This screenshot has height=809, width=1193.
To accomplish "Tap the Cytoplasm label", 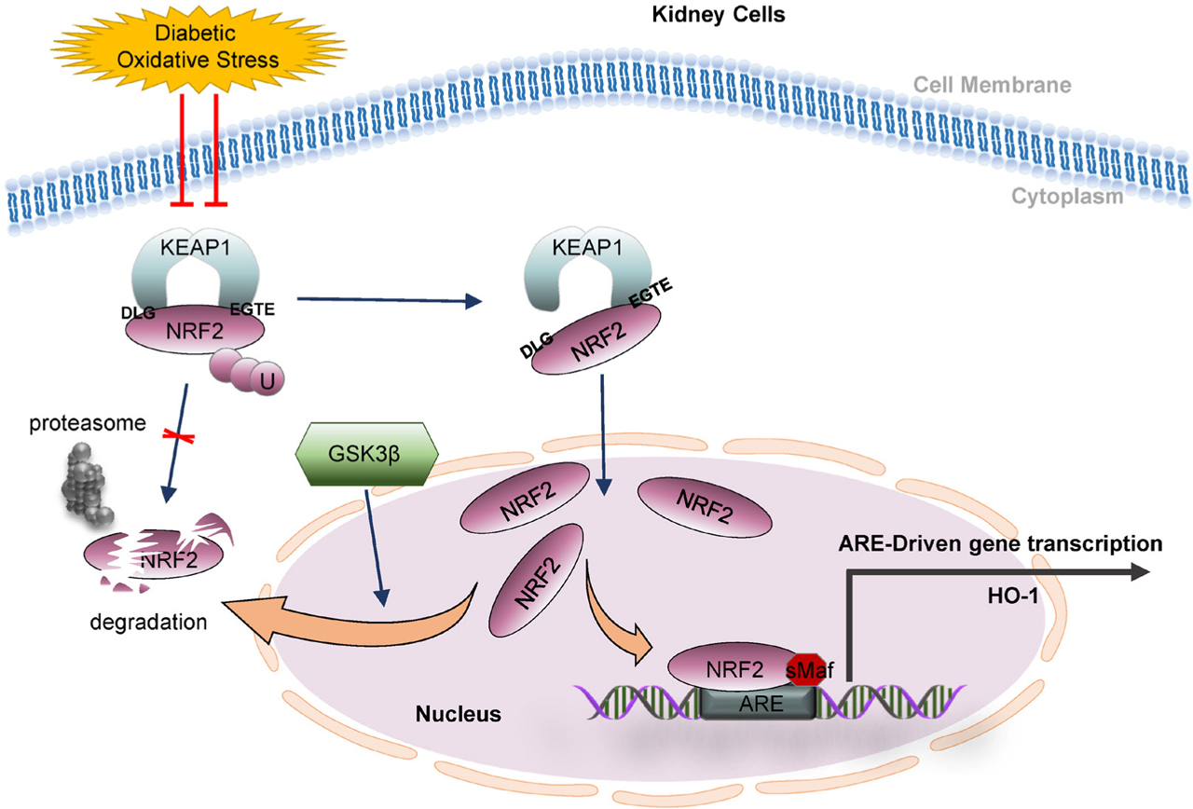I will (x=1013, y=197).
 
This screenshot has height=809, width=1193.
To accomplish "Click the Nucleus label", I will (x=458, y=715).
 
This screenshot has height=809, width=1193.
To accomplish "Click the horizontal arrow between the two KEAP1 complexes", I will (x=388, y=300).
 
